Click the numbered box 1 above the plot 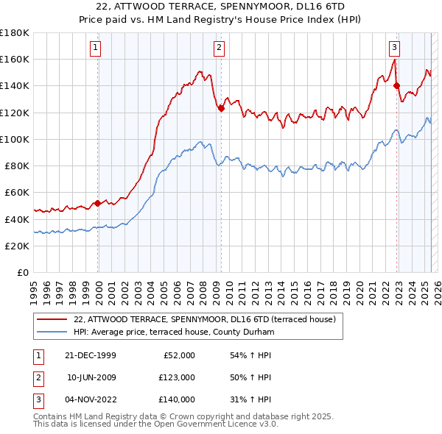coord(97,49)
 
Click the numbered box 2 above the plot coord(220,49)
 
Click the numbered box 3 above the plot coord(395,49)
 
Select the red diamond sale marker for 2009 coord(220,108)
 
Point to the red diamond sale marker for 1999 coord(97,203)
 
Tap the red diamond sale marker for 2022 coord(397,85)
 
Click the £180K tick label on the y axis coord(15,32)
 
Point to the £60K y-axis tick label coord(17,192)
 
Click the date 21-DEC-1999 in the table coord(91,355)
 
